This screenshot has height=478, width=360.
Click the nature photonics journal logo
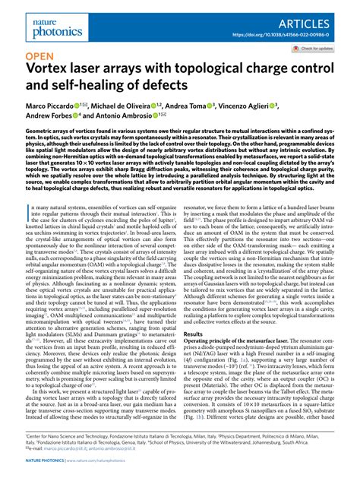[48, 19]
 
